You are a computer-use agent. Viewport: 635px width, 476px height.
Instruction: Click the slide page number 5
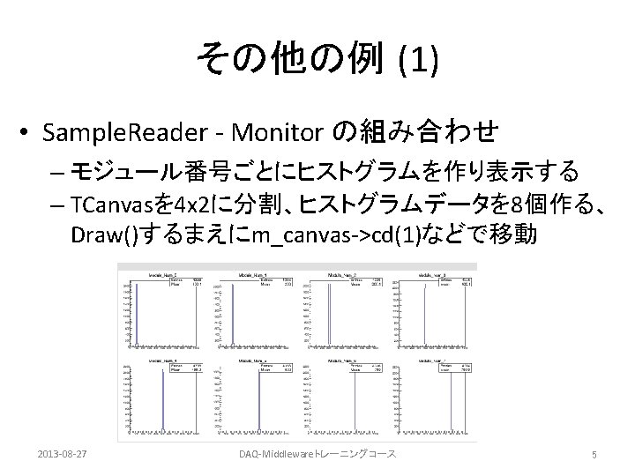(x=595, y=454)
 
